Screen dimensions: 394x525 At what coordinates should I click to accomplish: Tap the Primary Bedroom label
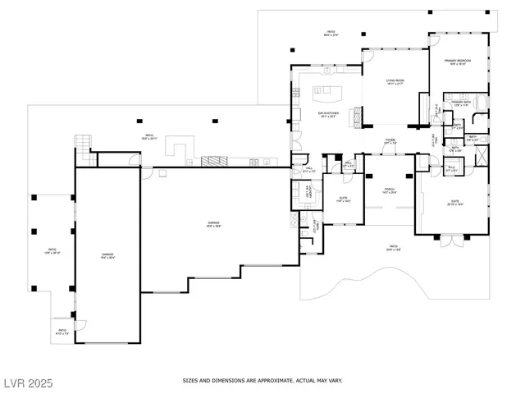455,62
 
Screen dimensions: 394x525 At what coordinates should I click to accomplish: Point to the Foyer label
390,141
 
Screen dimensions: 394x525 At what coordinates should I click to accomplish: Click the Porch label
390,193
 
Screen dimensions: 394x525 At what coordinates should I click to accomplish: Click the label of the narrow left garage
107,256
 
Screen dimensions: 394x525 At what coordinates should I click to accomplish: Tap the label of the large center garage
212,225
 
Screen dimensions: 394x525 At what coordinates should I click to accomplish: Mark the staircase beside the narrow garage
82,143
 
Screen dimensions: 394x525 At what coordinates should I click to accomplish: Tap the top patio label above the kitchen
331,34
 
